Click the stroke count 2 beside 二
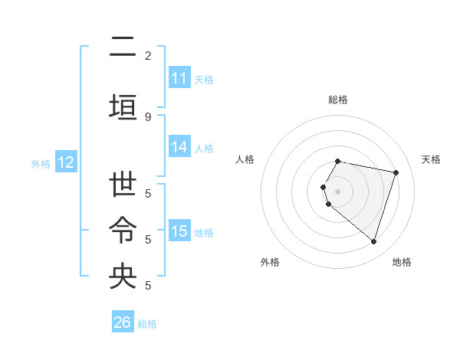pos(148,55)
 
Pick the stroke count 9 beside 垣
pos(148,116)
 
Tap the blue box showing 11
pos(179,78)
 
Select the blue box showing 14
pos(179,147)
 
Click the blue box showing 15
pos(179,231)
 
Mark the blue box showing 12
pos(66,162)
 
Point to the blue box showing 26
pos(123,322)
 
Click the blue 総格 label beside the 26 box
pos(148,324)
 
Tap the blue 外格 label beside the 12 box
pos(41,163)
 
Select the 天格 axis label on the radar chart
pos(431,159)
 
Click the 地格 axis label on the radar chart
pos(402,262)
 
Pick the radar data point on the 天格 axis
pos(396,172)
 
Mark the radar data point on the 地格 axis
pos(373,241)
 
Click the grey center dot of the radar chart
pos(338,191)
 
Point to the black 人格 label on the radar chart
pos(245,159)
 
